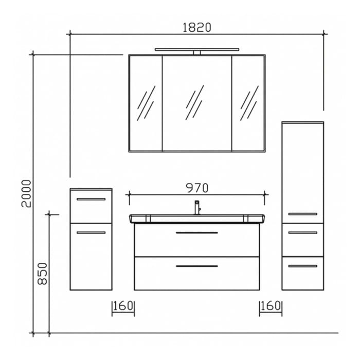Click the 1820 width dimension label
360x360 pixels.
[197, 27]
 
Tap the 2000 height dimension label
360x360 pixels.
[26, 193]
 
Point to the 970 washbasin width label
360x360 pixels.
[197, 188]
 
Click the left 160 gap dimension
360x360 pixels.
[123, 306]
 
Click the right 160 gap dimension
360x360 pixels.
[271, 306]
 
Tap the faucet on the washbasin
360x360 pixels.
[196, 207]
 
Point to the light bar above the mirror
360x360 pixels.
[196, 50]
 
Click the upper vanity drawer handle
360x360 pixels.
[196, 233]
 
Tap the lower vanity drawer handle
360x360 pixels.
[196, 266]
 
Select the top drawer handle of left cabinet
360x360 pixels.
[91, 199]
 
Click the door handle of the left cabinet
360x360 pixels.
[91, 233]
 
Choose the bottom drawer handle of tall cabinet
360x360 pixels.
[302, 266]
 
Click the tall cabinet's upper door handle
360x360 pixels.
[302, 213]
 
